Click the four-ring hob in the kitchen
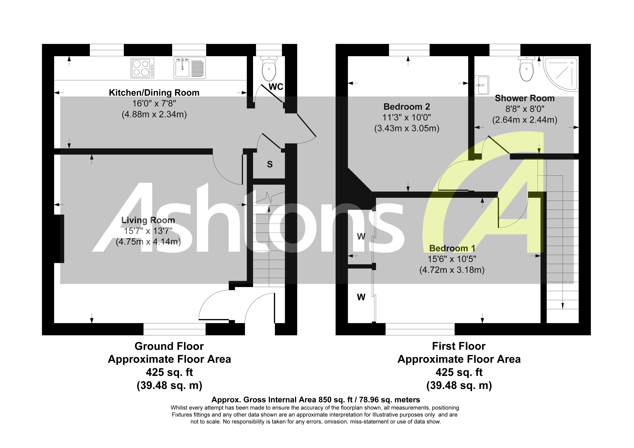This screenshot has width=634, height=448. pyautogui.click(x=142, y=68)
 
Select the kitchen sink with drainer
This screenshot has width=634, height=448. pyautogui.click(x=189, y=68)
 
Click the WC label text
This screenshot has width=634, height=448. pyautogui.click(x=276, y=87)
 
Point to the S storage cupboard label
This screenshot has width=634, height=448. pyautogui.click(x=270, y=164)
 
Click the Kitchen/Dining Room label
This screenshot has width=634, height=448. pyautogui.click(x=154, y=93)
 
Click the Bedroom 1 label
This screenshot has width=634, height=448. pyautogui.click(x=452, y=248)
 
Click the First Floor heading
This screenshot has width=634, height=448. pyautogui.click(x=459, y=346)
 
